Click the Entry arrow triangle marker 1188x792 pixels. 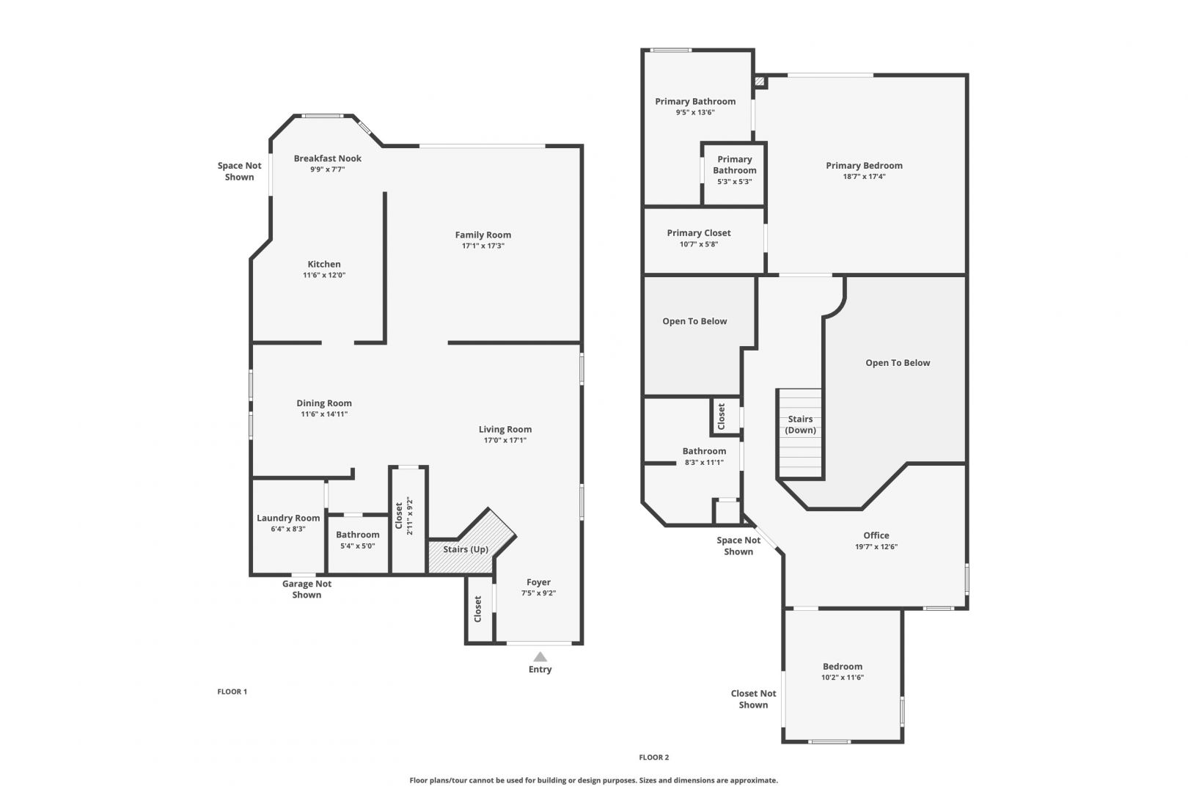tap(540, 657)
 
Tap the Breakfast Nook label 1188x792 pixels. tap(327, 158)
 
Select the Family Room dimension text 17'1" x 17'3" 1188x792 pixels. tap(483, 246)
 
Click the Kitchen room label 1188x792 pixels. tap(324, 264)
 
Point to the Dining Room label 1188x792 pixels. tap(324, 403)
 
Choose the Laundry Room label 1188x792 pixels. tap(288, 518)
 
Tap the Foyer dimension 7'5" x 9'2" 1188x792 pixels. tap(538, 593)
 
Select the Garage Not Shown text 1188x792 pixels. tap(307, 590)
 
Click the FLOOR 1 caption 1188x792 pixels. tap(232, 692)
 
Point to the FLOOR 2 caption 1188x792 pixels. tap(654, 758)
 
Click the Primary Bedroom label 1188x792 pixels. tap(864, 166)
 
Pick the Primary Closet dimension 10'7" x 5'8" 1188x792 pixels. tap(698, 244)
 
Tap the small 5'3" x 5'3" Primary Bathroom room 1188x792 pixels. tap(734, 174)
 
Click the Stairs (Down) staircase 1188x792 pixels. tap(800, 433)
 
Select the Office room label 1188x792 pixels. tap(876, 536)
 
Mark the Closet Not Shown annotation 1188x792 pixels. tap(753, 699)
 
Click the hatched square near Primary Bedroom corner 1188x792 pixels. tap(760, 81)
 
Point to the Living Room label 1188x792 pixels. tap(505, 430)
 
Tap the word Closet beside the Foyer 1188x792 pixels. tap(477, 609)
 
